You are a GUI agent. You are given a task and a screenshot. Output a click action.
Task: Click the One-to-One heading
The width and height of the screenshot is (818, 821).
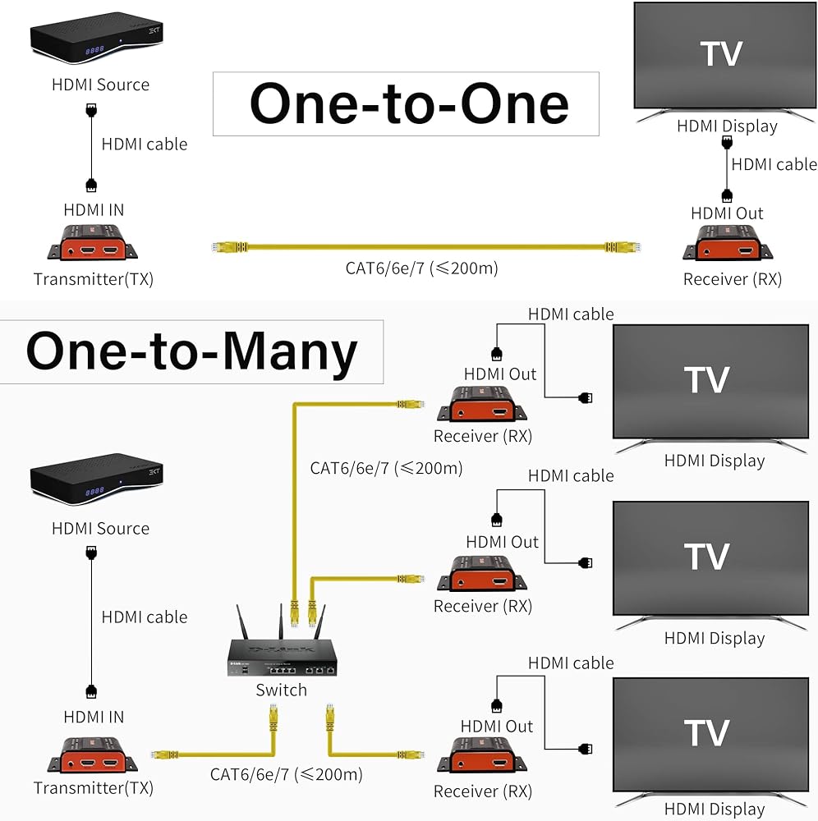pos(408,104)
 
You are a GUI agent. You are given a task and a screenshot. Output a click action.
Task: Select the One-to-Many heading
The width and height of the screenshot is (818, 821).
pos(192,351)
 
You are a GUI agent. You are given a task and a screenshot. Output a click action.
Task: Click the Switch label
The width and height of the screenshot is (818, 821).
pos(281,690)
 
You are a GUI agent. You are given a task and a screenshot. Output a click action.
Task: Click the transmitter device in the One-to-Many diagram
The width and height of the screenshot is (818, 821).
pos(93,755)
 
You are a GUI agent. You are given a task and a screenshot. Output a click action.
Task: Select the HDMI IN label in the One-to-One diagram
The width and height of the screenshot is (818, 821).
pos(94,210)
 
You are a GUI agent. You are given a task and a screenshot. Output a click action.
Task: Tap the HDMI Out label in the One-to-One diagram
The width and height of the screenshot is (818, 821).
pos(727,213)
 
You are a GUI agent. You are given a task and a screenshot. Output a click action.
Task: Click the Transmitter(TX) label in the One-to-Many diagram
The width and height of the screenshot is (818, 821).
pos(94,788)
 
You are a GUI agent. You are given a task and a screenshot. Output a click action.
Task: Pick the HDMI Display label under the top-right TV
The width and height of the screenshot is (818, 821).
pos(727,126)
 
